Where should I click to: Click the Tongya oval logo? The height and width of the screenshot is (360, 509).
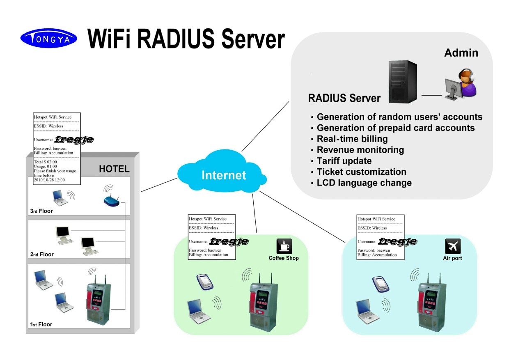pos(49,38)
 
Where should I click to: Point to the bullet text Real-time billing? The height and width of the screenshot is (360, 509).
pos(352,139)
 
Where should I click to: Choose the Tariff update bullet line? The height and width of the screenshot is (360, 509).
pos(344,161)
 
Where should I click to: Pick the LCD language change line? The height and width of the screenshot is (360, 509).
pos(364,183)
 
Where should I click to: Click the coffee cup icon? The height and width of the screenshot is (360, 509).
pos(284,246)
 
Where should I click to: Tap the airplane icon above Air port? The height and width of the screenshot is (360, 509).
pos(453,246)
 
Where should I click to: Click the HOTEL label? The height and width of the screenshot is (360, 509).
pos(114,169)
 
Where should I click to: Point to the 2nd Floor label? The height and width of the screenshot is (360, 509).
pos(42,255)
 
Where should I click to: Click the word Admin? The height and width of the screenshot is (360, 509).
pos(461,53)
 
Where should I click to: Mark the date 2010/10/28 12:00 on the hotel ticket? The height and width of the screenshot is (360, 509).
pos(49,180)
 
